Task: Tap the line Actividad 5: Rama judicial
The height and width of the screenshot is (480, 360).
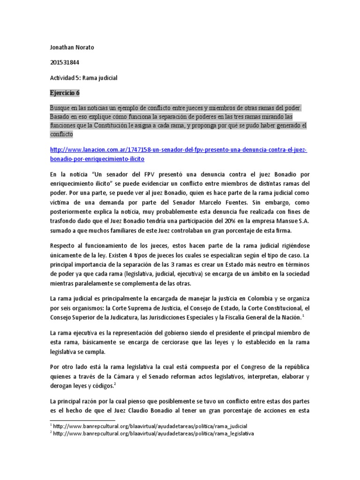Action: click(x=83, y=78)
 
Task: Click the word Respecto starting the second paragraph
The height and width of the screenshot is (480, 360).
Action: click(x=65, y=246)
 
